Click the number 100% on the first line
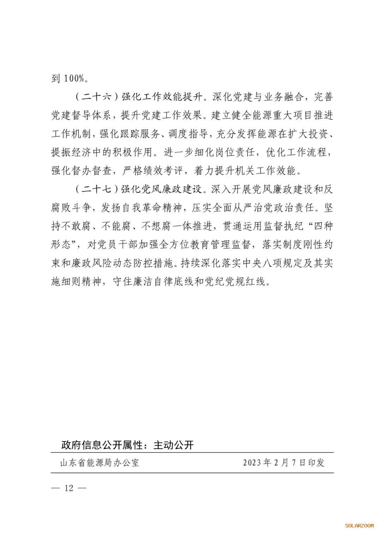[x=74, y=78]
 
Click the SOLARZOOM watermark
[x=359, y=526]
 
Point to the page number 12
[x=69, y=488]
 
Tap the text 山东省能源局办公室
[x=100, y=463]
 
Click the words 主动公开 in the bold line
[x=174, y=445]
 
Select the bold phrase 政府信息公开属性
[x=102, y=445]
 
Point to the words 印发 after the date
[x=316, y=463]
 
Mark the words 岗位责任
[x=235, y=152]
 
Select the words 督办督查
[x=92, y=171]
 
